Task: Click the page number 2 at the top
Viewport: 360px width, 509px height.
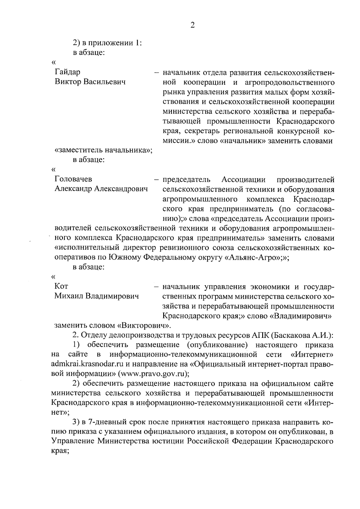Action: coord(193,25)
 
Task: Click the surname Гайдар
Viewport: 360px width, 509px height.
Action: coord(67,72)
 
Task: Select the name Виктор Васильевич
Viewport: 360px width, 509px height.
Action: coord(90,82)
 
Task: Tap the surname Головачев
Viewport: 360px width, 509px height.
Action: coord(73,179)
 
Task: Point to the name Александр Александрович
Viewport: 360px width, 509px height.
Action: coord(101,189)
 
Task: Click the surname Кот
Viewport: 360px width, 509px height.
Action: coord(61,287)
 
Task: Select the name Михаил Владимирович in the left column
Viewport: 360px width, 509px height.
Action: coord(97,297)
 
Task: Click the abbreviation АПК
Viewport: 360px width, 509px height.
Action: coord(259,335)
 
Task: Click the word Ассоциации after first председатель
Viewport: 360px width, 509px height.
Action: coord(243,179)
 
